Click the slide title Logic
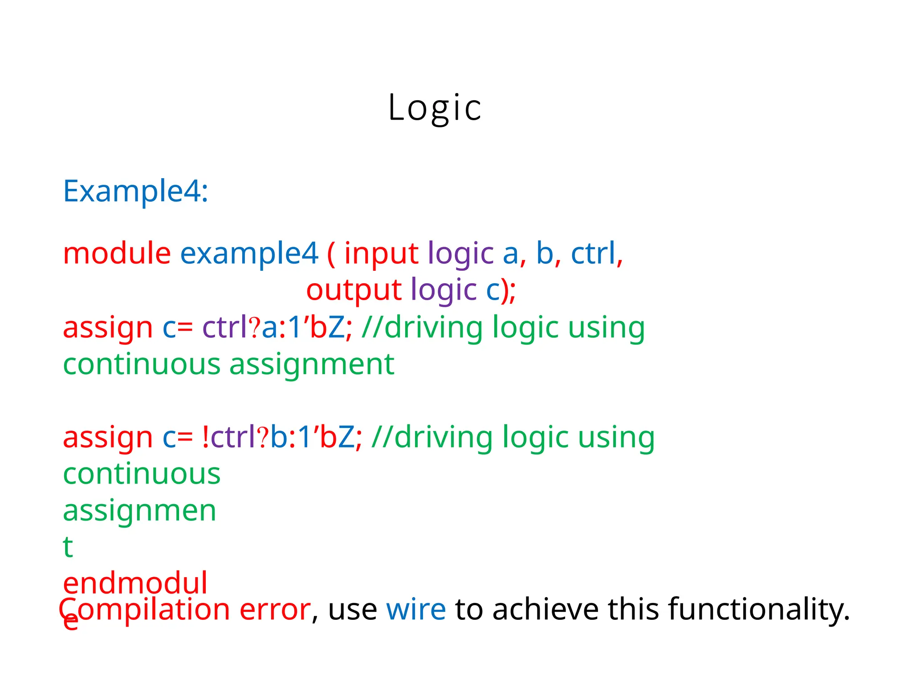[x=435, y=107]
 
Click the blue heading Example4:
[x=135, y=191]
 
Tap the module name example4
[x=249, y=254]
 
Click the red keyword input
[x=381, y=254]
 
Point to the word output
[x=354, y=290]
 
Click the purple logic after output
[x=444, y=291]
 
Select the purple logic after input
[x=460, y=254]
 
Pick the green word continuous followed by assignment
[x=142, y=364]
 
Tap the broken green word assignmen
[x=139, y=511]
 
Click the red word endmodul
[x=135, y=583]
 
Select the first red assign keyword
[x=108, y=328]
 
